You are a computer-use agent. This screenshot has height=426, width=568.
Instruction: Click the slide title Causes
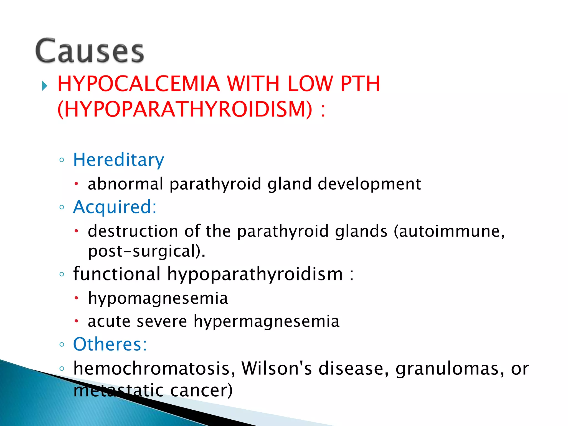point(90,51)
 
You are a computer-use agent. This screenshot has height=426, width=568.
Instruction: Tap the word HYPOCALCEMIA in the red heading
point(138,84)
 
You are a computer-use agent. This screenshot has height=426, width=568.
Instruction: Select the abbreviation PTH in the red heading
point(360,84)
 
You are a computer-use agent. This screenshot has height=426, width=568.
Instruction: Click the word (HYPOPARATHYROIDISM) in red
point(185,109)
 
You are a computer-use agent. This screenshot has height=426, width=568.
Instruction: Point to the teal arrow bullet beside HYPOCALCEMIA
point(44,86)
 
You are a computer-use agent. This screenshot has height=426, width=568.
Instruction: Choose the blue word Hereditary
point(118,160)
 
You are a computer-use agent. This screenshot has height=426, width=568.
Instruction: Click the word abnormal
point(125,184)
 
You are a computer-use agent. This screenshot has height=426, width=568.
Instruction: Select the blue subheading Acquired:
point(115,207)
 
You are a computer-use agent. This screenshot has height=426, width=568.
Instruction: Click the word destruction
point(133,231)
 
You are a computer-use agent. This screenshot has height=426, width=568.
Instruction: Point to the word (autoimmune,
point(449,232)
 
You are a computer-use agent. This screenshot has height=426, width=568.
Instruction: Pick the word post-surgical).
point(146,252)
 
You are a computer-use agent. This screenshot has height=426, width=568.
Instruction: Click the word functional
point(117,274)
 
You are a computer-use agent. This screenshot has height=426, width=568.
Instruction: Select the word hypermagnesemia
point(266,322)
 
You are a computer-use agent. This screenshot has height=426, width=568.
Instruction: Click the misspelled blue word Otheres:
point(110,344)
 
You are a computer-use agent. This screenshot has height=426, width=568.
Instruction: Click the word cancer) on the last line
point(201,390)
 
